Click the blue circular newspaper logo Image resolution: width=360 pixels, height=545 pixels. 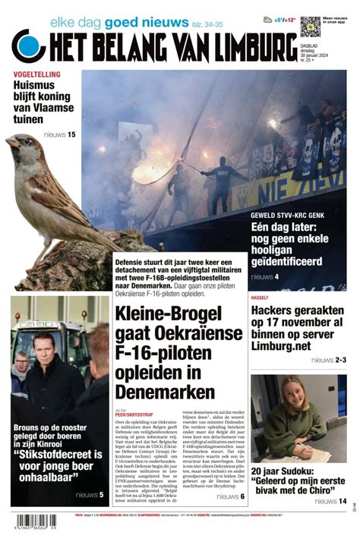[x=28, y=45]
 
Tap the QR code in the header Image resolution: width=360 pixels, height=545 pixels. [x=310, y=26]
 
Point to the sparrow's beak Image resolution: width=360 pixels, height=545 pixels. [x=11, y=141]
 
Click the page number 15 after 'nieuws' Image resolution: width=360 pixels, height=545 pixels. [x=71, y=135]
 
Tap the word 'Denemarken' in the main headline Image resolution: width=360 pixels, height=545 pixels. [x=165, y=392]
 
